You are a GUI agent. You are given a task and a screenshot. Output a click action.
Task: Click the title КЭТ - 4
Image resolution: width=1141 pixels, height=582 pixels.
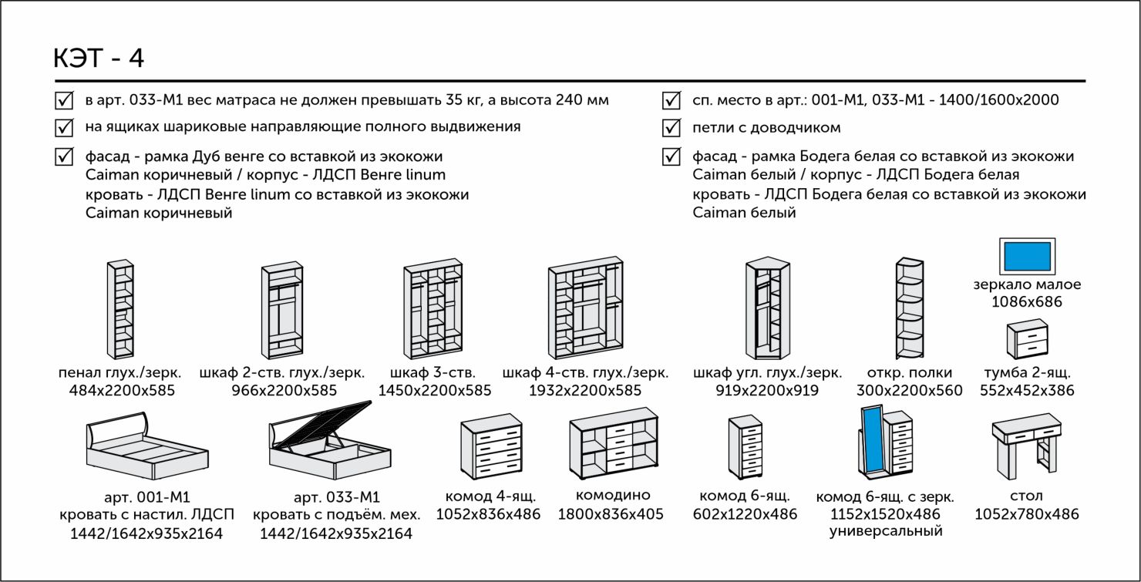click(98, 59)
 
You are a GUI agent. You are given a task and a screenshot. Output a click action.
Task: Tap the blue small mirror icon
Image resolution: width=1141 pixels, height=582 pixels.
click(1027, 255)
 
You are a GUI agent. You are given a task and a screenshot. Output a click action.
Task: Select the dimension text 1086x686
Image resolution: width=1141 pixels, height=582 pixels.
click(1027, 301)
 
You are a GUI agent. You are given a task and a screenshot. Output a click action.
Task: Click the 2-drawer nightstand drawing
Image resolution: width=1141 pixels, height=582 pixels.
click(1027, 340)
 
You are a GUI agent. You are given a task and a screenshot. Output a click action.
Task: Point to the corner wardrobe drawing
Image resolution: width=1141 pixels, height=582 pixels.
click(767, 309)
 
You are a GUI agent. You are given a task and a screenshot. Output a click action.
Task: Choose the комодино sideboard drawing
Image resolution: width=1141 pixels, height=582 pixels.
click(614, 444)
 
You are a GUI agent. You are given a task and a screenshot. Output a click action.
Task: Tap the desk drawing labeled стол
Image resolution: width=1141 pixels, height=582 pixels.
click(1026, 446)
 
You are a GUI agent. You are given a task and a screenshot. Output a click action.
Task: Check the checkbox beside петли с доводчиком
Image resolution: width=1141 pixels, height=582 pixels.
click(671, 127)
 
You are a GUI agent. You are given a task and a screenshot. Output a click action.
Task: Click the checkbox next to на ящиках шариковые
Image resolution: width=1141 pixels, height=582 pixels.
click(64, 126)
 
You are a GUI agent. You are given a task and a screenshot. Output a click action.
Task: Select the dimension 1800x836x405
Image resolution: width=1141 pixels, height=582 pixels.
click(611, 514)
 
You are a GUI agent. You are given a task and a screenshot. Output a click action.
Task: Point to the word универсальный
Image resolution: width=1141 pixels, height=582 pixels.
click(886, 531)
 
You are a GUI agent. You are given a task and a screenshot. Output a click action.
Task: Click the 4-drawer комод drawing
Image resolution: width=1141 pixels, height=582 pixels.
click(490, 446)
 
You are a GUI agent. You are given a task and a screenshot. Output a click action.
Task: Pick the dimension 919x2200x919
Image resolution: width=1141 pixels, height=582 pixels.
click(767, 391)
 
